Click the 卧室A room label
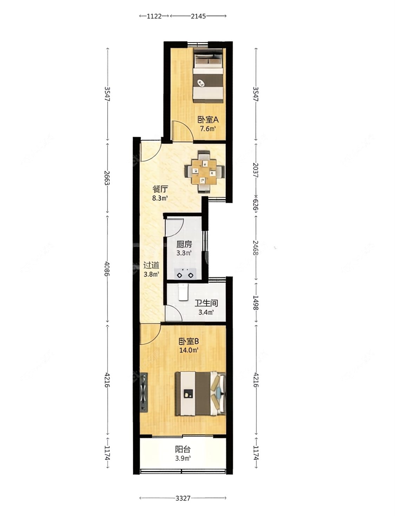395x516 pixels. (208, 120)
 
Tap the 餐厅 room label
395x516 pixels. (160, 189)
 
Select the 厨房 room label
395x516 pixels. (184, 245)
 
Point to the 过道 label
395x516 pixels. (151, 265)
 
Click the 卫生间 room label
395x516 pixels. (206, 303)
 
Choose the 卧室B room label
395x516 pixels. (189, 341)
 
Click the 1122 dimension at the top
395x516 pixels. (154, 16)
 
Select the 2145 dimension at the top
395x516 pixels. (198, 16)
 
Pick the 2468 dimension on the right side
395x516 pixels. (256, 248)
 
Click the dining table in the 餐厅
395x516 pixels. (204, 172)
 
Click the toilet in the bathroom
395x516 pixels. (183, 292)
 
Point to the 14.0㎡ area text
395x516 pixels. (189, 350)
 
